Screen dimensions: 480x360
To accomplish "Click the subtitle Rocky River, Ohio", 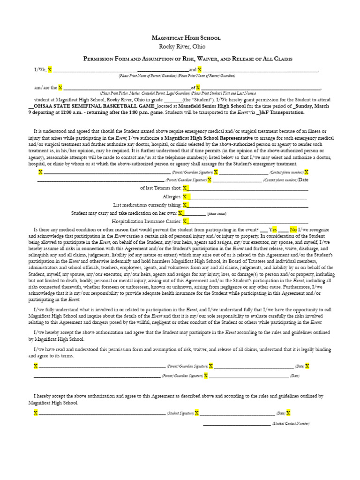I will click(x=181, y=46).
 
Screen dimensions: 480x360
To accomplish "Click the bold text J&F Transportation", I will click(x=284, y=112).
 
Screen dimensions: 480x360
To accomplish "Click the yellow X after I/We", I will click(x=50, y=69).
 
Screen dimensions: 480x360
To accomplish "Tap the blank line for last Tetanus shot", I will click(x=248, y=188).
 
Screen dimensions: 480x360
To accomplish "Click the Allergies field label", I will click(x=172, y=196).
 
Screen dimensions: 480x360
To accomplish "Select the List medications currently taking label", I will click(x=147, y=205).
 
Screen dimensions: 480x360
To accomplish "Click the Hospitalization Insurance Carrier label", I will click(x=146, y=221).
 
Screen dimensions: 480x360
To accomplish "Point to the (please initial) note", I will click(x=217, y=213).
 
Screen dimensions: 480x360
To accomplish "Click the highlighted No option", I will click(x=293, y=230).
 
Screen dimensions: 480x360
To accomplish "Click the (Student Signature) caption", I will click(x=180, y=413).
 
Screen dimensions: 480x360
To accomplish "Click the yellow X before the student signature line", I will click(x=36, y=412).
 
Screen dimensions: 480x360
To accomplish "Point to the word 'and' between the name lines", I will click(x=193, y=69).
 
